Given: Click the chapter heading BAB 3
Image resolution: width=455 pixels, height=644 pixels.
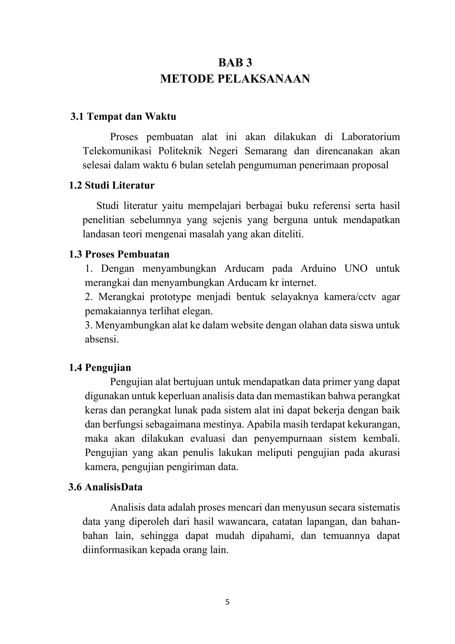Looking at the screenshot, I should click(x=235, y=63).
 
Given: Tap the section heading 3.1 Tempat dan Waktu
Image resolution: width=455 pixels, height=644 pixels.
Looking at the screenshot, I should click(x=123, y=116).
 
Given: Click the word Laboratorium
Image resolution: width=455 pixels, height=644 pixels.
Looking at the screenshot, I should click(x=370, y=137).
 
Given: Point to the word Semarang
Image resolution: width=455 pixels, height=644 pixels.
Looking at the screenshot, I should click(x=266, y=151).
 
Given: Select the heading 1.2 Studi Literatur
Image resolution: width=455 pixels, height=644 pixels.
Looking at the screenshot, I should click(x=112, y=185).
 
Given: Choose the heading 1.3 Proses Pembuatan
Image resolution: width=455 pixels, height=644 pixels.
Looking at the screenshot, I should click(x=119, y=254).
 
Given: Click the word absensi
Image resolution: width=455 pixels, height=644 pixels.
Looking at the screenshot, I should click(x=102, y=339).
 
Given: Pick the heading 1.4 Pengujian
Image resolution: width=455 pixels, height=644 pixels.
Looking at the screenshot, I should click(x=100, y=367).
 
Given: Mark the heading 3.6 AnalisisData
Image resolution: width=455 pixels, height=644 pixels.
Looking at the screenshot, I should click(x=105, y=487).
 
